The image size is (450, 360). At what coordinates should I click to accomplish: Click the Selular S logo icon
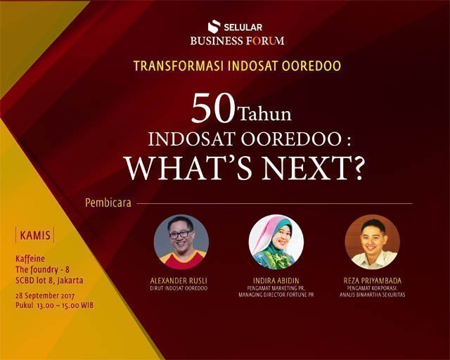214,26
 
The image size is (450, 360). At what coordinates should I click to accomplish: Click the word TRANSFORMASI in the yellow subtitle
179,65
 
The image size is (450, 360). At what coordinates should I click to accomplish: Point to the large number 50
214,109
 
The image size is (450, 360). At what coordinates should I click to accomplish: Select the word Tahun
265,115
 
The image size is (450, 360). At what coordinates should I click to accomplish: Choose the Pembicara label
108,202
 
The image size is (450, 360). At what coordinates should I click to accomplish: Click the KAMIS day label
35,236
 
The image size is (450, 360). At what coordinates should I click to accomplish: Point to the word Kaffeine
30,259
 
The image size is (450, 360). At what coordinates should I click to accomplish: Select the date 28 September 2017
45,296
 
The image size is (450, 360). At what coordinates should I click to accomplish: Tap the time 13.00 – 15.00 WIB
65,305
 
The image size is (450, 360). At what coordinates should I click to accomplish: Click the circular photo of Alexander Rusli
181,242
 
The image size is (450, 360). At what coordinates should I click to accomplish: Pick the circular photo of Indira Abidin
276,242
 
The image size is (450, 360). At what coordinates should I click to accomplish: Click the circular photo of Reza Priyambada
372,242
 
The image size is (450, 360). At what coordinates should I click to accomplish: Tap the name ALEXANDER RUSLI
179,281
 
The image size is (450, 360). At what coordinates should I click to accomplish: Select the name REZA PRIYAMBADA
373,281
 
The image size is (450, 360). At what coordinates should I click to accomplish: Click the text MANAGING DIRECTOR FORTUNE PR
276,295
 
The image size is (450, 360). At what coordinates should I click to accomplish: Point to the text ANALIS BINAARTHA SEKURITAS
372,295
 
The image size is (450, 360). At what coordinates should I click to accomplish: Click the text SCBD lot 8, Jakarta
49,280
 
